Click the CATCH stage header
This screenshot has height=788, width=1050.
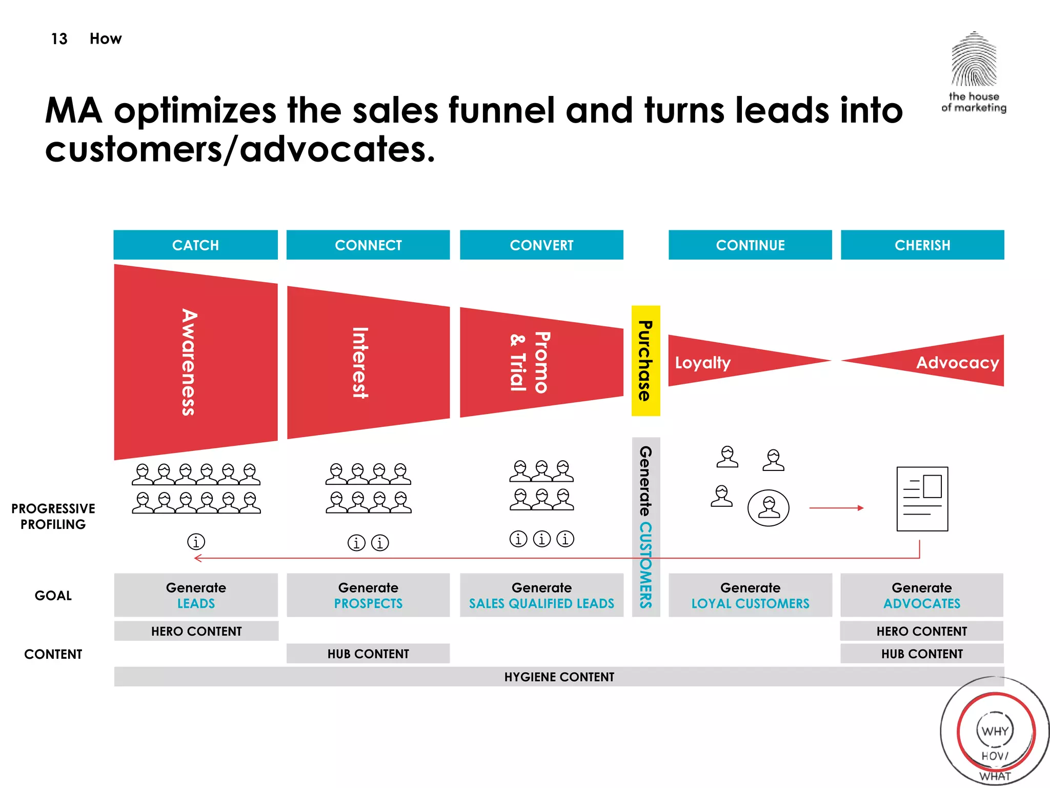tap(195, 245)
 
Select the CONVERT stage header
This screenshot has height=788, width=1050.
tap(541, 245)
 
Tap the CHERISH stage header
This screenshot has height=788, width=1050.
tap(922, 245)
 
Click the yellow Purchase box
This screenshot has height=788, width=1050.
tap(645, 361)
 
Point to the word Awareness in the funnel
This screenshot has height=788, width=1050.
tap(189, 362)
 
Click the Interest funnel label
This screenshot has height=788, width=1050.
tap(360, 363)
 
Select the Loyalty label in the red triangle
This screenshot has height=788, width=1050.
tap(702, 363)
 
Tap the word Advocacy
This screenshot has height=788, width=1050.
tap(957, 363)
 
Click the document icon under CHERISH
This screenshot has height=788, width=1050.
tap(922, 499)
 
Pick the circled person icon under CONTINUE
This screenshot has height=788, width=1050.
tap(768, 508)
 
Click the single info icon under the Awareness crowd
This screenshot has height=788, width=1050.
tap(196, 541)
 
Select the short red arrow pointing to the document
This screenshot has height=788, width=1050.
tap(836, 508)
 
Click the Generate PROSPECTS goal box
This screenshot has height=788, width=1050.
tap(368, 595)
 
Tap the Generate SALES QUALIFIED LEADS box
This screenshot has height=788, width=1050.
tap(541, 595)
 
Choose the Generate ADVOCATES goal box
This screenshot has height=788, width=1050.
tap(921, 595)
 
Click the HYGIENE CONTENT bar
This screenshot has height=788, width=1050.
tap(559, 677)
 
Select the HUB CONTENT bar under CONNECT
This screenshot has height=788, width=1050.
tap(368, 654)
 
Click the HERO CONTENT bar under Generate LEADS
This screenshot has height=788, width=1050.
tap(196, 631)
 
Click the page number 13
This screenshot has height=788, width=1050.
tap(59, 39)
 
